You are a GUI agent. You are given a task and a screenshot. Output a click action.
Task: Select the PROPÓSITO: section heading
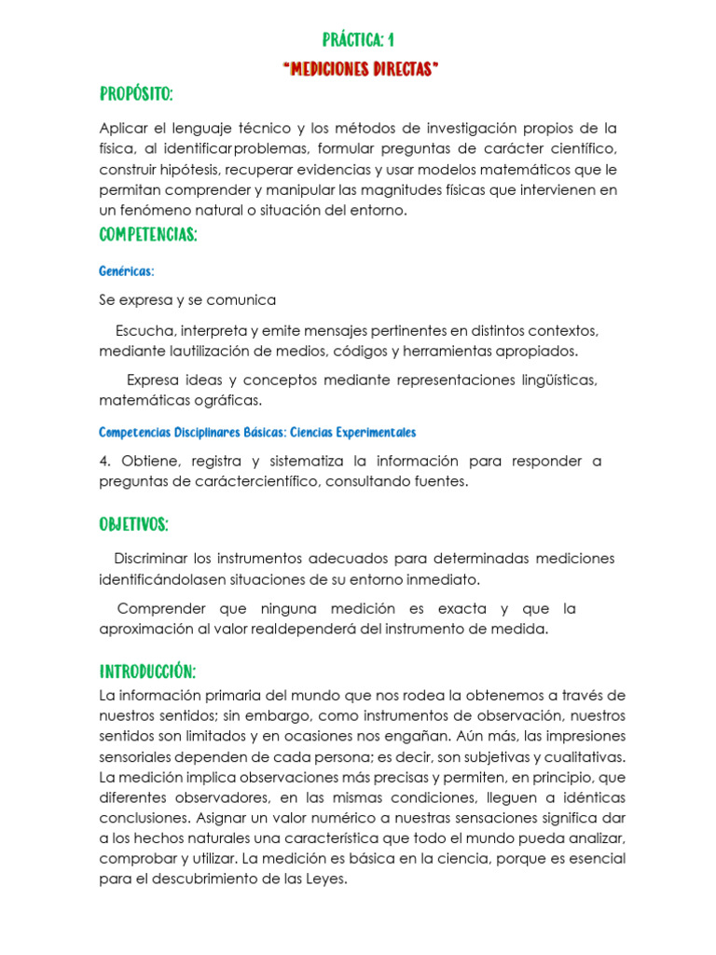136,96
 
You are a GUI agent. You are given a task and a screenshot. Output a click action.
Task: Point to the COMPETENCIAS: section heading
148,235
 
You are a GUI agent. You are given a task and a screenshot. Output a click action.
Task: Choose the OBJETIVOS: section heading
133,525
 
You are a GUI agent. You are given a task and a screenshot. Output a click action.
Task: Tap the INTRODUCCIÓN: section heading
147,672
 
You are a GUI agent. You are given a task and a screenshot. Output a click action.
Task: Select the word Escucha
145,331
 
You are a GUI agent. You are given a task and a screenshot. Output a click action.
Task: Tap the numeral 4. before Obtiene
105,462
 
